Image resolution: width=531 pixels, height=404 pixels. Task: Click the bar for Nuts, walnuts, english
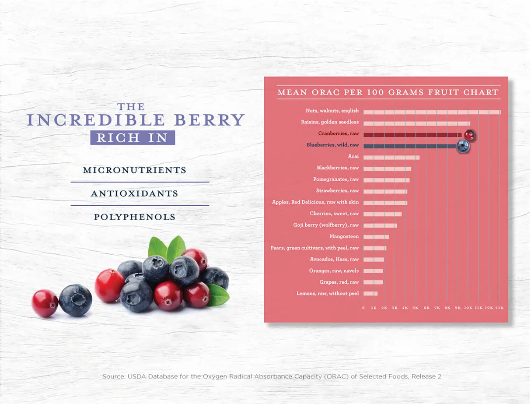(432, 112)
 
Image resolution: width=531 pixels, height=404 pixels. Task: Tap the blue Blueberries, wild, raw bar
(410, 146)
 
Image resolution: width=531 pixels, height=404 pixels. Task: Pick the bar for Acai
(391, 158)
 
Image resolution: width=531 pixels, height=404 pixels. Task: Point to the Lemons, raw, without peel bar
(370, 293)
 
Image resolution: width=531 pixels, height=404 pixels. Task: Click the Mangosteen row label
(344, 237)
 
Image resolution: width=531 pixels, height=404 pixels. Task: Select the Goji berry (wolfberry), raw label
(326, 225)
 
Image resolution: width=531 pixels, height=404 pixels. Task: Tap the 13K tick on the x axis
(500, 308)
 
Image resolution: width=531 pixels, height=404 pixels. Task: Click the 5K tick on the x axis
(416, 308)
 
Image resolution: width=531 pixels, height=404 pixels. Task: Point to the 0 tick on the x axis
(363, 308)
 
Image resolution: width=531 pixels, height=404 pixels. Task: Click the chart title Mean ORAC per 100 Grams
(388, 92)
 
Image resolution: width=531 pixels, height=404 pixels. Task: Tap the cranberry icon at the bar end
(469, 135)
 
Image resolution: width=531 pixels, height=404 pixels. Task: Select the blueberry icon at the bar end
(463, 147)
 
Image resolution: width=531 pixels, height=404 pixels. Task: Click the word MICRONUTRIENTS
(134, 170)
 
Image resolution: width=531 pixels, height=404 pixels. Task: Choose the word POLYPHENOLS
(135, 217)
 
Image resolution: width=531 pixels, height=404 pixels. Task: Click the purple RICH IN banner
(133, 137)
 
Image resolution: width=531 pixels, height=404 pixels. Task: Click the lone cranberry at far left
(45, 303)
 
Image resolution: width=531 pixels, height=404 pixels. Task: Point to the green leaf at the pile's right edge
(218, 295)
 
